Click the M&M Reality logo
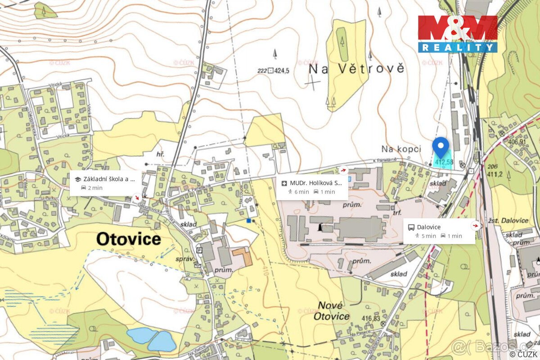[457, 34]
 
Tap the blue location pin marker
[441, 147]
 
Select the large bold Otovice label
[129, 239]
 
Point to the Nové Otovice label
[333, 310]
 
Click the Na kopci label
[401, 148]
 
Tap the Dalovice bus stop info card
[439, 231]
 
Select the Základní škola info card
[105, 183]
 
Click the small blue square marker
[248, 220]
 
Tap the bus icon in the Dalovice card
[411, 227]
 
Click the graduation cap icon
[77, 179]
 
